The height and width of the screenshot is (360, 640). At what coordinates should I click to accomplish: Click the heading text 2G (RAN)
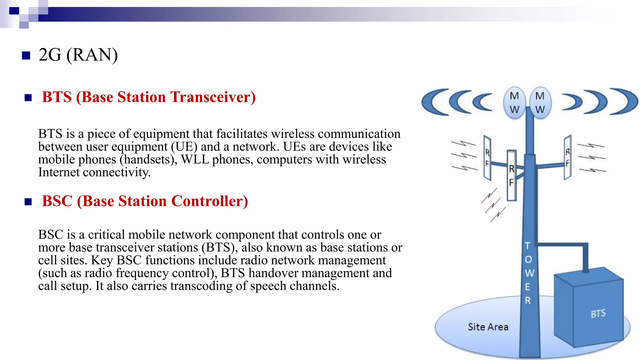pos(78,55)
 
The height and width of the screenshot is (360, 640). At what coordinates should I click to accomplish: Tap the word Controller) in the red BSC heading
pos(210,201)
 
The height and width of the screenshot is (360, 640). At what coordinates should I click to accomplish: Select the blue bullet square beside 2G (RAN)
pos(26,56)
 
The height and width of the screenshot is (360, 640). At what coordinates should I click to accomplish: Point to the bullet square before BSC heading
pos(28,202)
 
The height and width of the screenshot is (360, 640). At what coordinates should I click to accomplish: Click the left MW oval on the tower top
pos(514,103)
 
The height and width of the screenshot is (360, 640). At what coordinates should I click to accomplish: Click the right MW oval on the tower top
pos(540,103)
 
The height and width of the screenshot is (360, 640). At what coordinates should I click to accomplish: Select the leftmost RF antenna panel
pos(487,158)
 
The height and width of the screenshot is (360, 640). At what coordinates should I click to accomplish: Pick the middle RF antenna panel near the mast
pos(512,175)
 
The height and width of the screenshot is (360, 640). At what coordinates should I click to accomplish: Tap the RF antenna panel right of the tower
pos(567,157)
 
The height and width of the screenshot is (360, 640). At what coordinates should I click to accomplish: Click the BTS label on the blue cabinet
pos(598,313)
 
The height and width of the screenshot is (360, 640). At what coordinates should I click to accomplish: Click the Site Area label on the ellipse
pos(488,327)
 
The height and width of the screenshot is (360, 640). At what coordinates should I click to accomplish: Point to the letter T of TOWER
pos(527,246)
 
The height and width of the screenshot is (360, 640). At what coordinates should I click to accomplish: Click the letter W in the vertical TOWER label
pos(529,273)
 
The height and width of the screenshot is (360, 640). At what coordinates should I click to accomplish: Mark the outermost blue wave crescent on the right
pos(627,102)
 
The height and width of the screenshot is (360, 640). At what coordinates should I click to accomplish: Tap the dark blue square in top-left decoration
pos(14,11)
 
